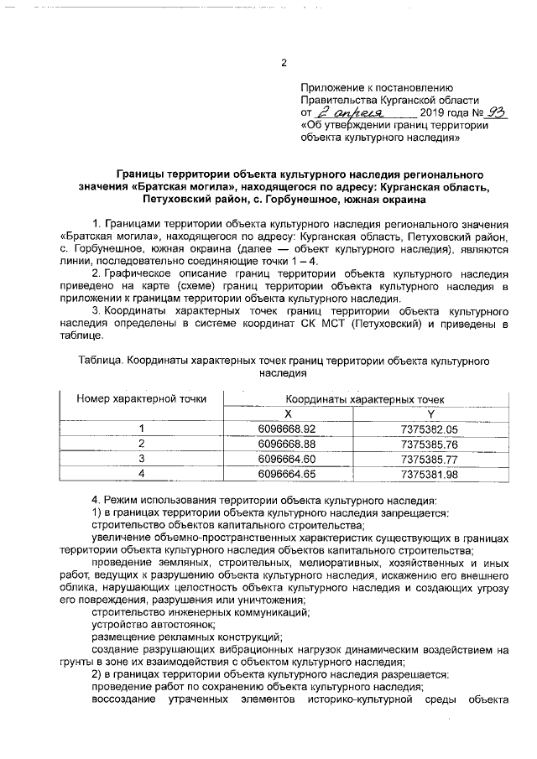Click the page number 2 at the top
[x=284, y=63]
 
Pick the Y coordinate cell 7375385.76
[x=430, y=444]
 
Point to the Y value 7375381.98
[x=430, y=474]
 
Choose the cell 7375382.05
[x=430, y=429]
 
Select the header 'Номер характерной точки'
[x=142, y=399]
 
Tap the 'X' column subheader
[x=287, y=414]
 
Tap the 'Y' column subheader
[x=430, y=414]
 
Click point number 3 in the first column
[x=142, y=459]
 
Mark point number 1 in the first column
[x=142, y=429]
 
